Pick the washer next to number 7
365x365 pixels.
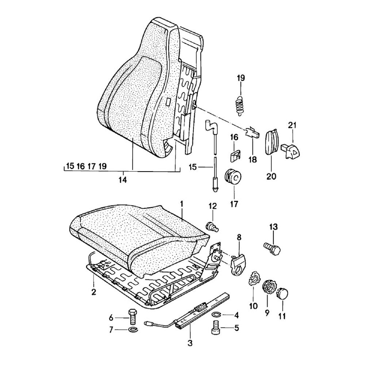tap(132, 330)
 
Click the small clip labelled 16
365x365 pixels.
tap(235, 155)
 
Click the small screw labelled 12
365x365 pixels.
tap(212, 226)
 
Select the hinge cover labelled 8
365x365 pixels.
tap(238, 262)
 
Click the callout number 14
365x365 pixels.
tap(123, 180)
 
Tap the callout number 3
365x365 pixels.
tap(190, 343)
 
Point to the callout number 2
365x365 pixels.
tap(93, 292)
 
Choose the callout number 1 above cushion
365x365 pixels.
tap(181, 203)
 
